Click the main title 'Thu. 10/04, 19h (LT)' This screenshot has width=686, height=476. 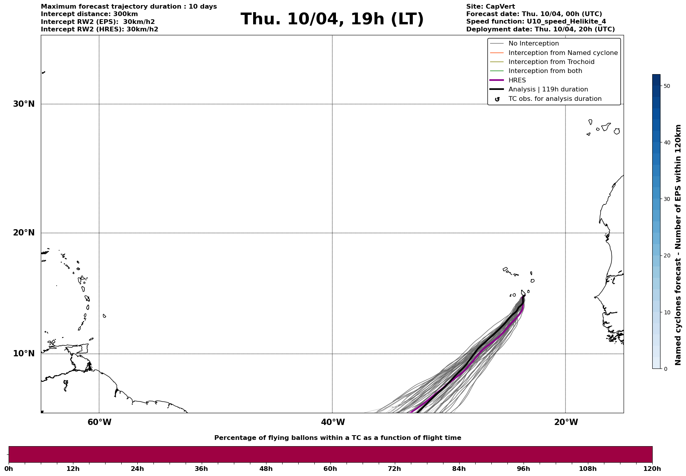tap(332, 19)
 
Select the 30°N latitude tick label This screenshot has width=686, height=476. tap(24, 104)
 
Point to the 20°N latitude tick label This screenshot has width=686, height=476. tap(24, 233)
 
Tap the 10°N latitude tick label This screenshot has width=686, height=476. tap(24, 354)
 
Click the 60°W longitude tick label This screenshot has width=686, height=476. tap(99, 422)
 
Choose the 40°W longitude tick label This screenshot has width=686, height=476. tap(333, 422)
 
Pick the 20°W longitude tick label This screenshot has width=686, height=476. tap(566, 422)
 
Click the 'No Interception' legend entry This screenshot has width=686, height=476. tap(533, 44)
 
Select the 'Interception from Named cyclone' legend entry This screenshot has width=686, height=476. tap(563, 53)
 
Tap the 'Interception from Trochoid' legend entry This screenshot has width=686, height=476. tap(551, 62)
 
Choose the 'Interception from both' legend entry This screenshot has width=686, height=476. tap(545, 71)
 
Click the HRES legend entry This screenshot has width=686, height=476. tap(517, 80)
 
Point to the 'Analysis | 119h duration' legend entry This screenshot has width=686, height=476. tap(548, 89)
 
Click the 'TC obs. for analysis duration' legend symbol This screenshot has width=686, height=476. tap(497, 99)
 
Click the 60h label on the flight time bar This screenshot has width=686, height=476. tap(330, 469)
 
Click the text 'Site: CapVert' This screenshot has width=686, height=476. tap(490, 7)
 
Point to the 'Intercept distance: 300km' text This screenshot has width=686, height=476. tap(89, 14)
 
